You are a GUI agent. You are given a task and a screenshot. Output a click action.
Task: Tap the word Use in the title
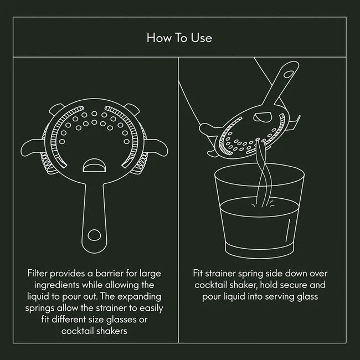coord(203,38)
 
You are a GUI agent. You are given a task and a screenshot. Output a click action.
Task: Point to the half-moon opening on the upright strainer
coord(92,167)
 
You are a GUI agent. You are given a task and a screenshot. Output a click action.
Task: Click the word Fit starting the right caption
coord(199,274)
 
